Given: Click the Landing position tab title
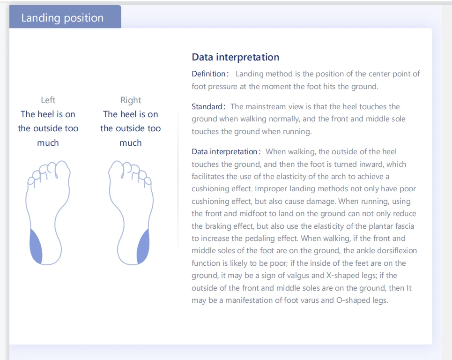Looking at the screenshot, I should click(62, 18).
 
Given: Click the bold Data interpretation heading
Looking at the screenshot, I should click(235, 57).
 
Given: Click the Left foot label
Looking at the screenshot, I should click(48, 100).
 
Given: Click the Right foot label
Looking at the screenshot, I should click(131, 100).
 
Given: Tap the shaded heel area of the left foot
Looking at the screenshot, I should click(36, 247).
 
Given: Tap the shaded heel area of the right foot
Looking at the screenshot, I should click(143, 247).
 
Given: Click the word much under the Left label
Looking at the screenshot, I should click(48, 142).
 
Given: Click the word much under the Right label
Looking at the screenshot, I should click(131, 142).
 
